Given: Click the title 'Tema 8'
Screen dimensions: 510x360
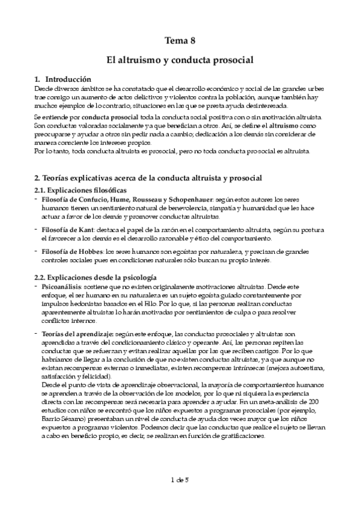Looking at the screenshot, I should click(x=180, y=41).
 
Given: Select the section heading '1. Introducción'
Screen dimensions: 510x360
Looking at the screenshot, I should click(x=63, y=79).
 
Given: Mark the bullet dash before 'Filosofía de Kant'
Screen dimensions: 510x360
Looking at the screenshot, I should click(x=35, y=229).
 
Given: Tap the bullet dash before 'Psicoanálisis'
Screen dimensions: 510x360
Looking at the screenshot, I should click(x=35, y=286).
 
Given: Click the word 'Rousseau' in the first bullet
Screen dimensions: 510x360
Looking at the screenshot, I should click(x=123, y=199).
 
